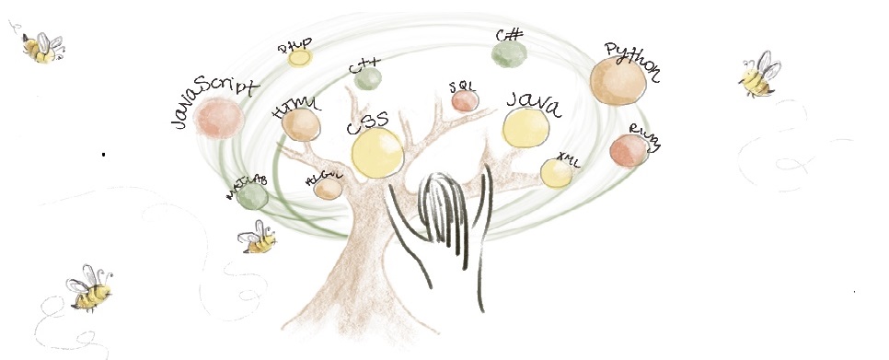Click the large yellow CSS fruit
pyautogui.click(x=376, y=153)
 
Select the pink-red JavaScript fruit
pyautogui.click(x=220, y=118)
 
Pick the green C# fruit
pyautogui.click(x=508, y=54)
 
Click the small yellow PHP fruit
pyautogui.click(x=300, y=58)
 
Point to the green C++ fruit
pyautogui.click(x=367, y=80)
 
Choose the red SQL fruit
pyautogui.click(x=465, y=100)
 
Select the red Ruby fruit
pyautogui.click(x=629, y=151)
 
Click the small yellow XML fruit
pyautogui.click(x=556, y=173)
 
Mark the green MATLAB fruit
pyautogui.click(x=250, y=195)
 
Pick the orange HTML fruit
pyautogui.click(x=300, y=124)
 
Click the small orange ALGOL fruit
pyautogui.click(x=329, y=188)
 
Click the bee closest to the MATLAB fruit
pyautogui.click(x=258, y=239)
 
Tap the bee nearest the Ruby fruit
pyautogui.click(x=759, y=75)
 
